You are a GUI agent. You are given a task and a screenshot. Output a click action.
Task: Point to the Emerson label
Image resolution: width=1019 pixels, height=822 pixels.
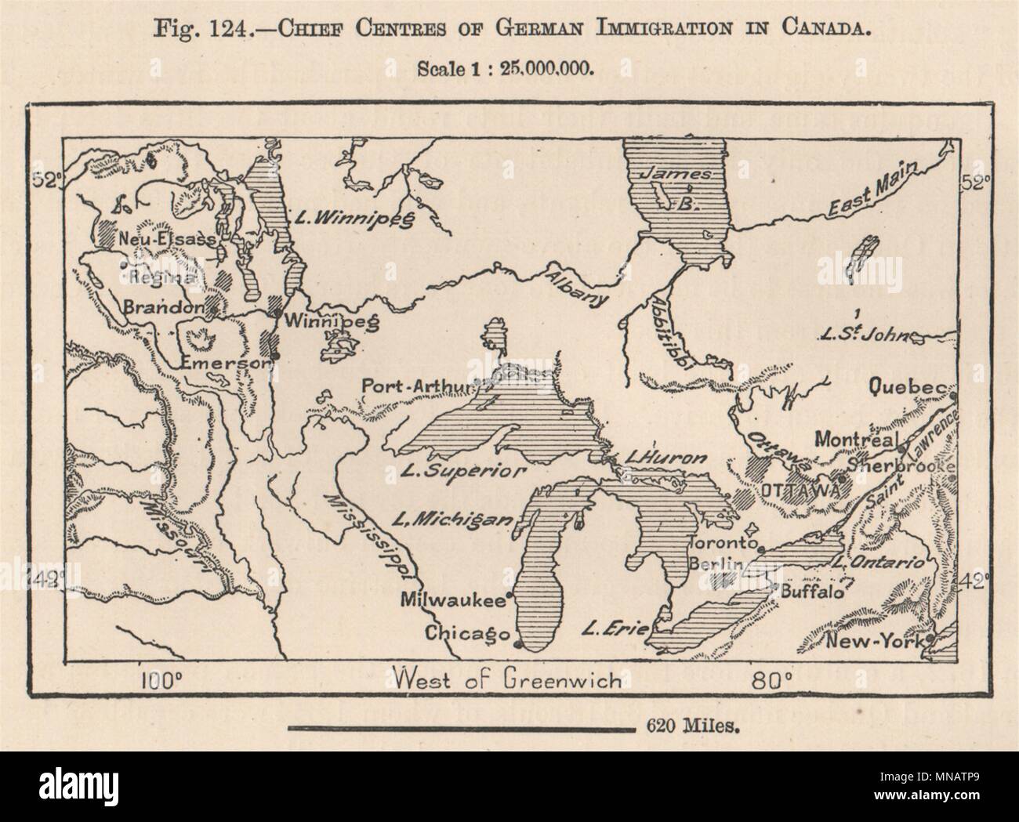[x=225, y=362]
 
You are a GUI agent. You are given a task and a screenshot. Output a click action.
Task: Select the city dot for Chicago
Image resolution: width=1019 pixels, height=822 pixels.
[x=518, y=645]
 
